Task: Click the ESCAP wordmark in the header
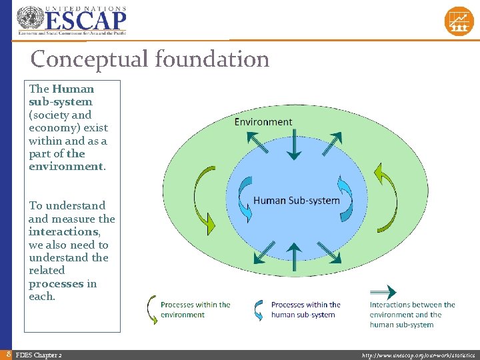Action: pos(85,18)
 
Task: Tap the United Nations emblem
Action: pos(29,18)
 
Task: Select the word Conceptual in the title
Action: pos(90,59)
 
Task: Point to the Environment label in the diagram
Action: pos(263,121)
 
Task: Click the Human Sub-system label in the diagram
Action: pos(297,200)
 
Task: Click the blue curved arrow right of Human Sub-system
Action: pos(345,198)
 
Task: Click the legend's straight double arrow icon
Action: pos(383,291)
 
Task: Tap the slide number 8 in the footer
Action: pos(7,355)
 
